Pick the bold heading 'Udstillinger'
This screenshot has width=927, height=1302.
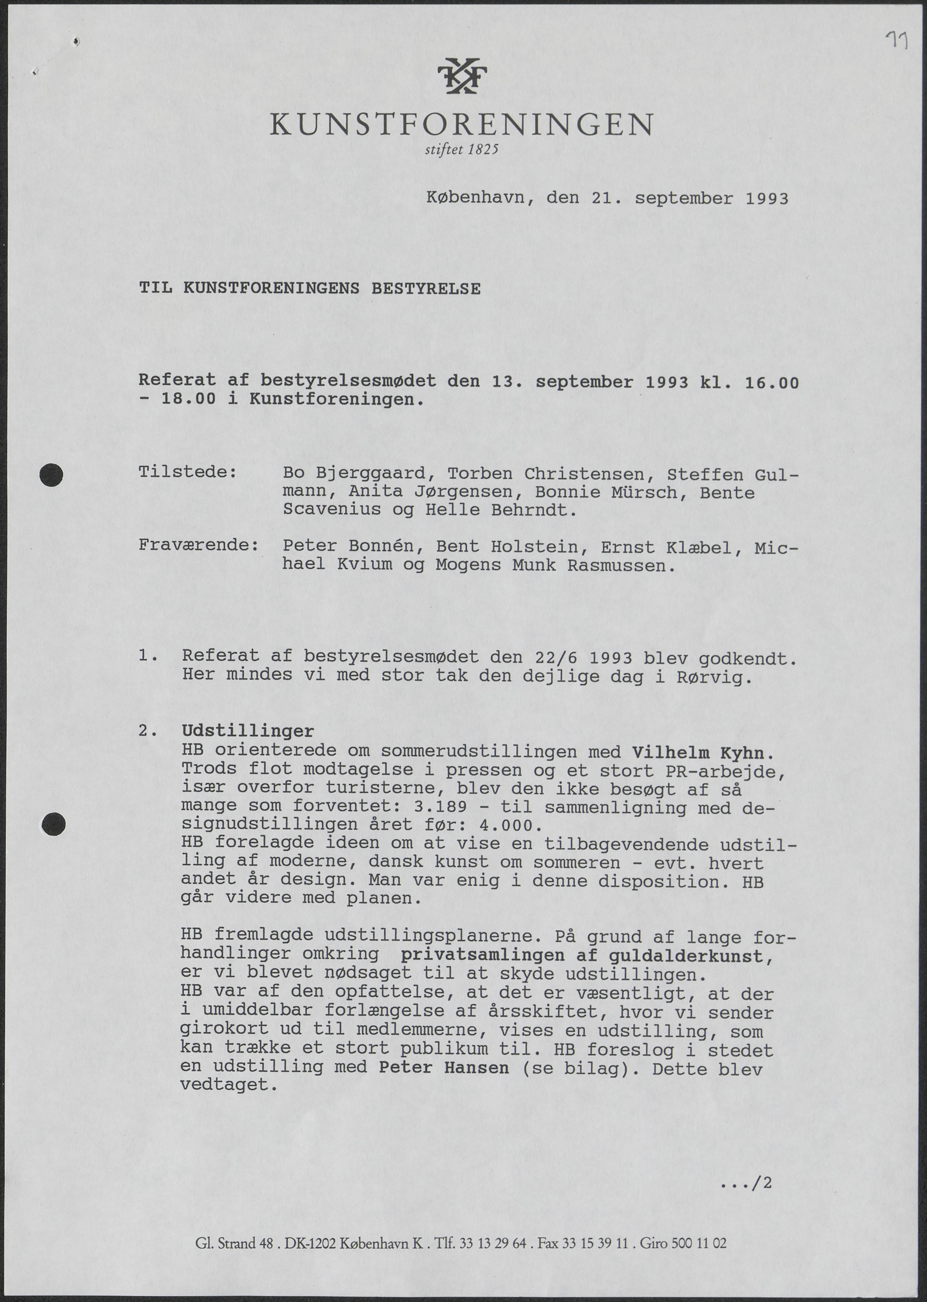(x=248, y=731)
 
